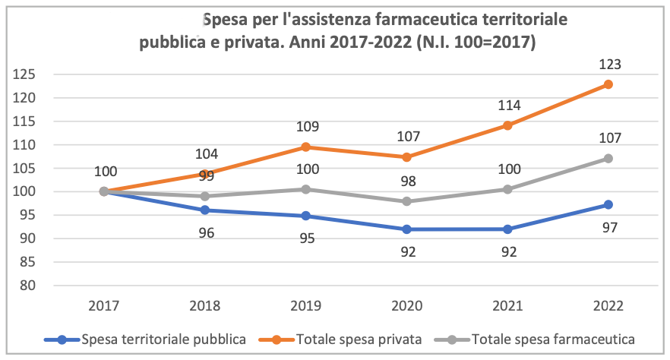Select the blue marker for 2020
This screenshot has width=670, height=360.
(407, 229)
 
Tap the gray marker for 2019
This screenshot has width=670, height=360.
(306, 189)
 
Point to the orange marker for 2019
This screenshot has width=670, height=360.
(306, 147)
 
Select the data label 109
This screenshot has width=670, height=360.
(306, 127)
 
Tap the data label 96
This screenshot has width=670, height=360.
(206, 232)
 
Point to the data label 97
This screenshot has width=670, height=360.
(609, 227)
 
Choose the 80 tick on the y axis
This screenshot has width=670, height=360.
(27, 286)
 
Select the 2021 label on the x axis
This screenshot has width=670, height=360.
(508, 306)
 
